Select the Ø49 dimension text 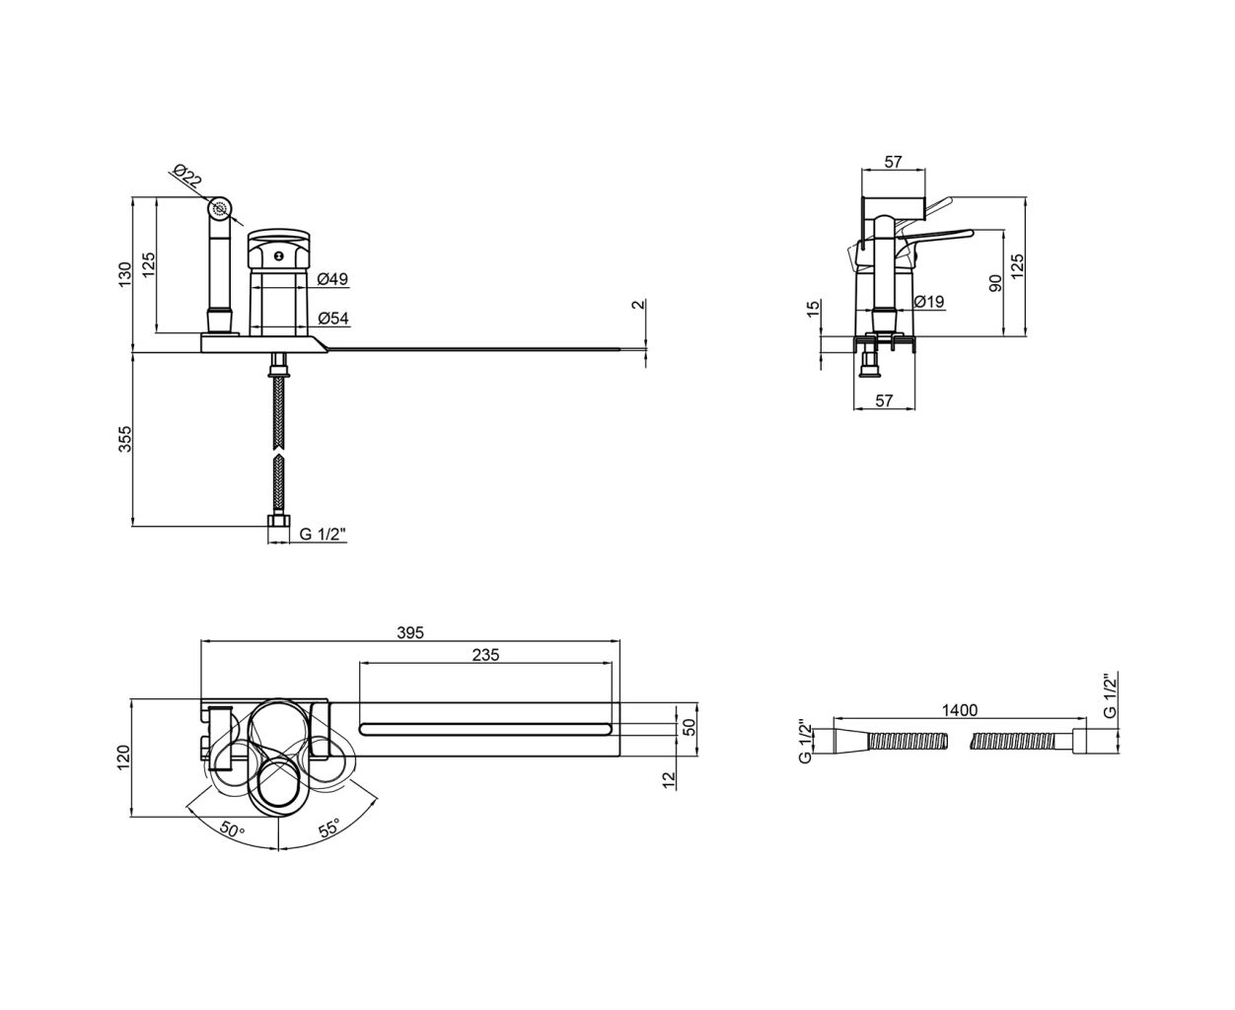click(332, 279)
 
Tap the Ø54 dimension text click(333, 318)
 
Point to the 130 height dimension click(124, 274)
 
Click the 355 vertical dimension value click(125, 439)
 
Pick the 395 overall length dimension click(410, 632)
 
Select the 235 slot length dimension click(485, 655)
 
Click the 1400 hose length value click(960, 709)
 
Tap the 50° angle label click(233, 830)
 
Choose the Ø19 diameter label click(929, 302)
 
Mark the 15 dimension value click(814, 309)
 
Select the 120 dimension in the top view click(124, 758)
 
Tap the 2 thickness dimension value click(639, 304)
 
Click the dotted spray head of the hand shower click(220, 208)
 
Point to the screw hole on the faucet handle click(279, 255)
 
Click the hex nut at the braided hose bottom click(278, 521)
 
